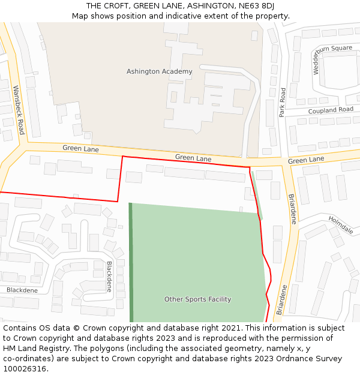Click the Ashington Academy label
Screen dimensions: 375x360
159,71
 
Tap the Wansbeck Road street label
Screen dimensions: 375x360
19,109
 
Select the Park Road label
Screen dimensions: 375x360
283,102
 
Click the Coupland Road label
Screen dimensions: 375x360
331,110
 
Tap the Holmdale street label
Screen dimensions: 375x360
341,225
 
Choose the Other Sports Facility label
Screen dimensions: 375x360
197,299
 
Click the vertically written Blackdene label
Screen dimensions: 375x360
109,276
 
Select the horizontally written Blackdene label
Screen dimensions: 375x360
22,290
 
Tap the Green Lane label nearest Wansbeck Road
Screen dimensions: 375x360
80,148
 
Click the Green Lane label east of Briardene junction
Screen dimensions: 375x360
305,160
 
